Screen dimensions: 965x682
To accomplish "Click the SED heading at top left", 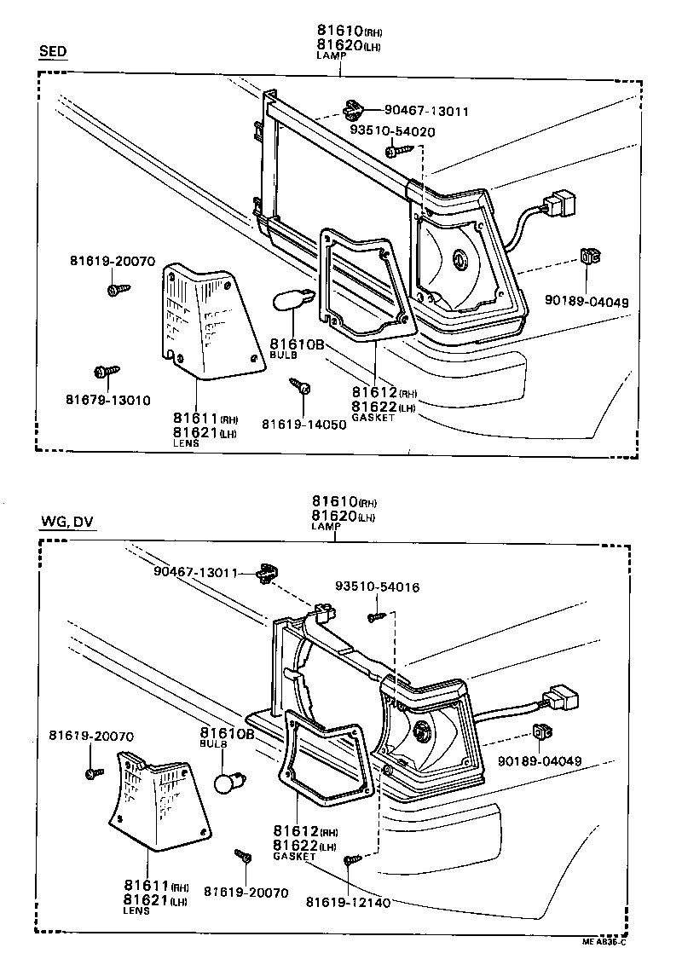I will click(x=53, y=52).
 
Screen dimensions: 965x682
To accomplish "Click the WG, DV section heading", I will click(x=66, y=522).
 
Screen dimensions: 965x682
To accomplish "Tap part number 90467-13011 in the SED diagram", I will click(x=426, y=111).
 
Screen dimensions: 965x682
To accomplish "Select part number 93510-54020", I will click(x=392, y=132).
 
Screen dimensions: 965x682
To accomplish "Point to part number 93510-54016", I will click(x=377, y=587).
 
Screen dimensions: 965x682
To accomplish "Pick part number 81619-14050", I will click(x=303, y=424).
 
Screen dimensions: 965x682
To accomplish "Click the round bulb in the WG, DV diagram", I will click(x=229, y=782).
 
